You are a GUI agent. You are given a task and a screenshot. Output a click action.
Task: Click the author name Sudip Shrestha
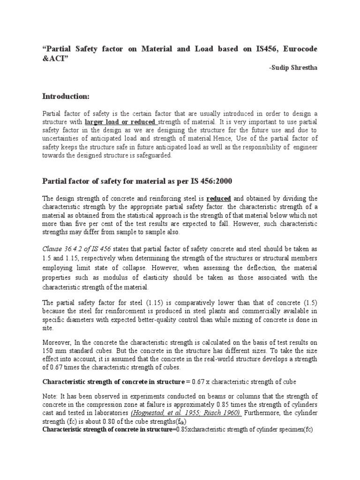(293, 67)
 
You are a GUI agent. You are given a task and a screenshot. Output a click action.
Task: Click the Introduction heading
(66, 96)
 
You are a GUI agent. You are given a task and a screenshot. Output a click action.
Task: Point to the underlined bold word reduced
(218, 198)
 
